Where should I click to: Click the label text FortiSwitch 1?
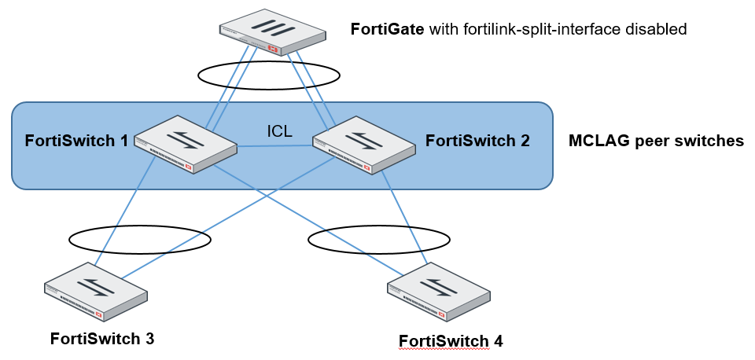point(76,141)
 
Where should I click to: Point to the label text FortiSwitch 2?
point(477,141)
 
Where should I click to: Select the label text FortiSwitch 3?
point(101,339)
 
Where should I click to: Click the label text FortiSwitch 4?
point(451,341)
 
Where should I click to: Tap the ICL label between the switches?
point(279,131)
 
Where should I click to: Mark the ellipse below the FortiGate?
point(268,75)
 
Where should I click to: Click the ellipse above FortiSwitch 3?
point(139,240)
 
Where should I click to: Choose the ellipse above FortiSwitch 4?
point(379,238)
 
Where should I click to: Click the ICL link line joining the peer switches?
point(275,145)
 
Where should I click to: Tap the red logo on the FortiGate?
point(274,49)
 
